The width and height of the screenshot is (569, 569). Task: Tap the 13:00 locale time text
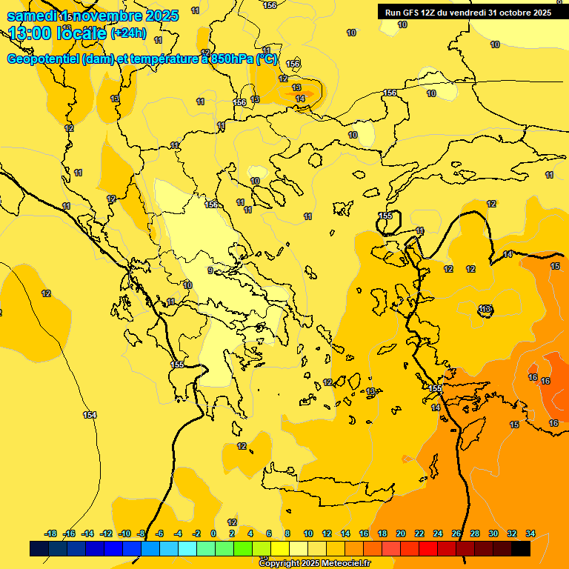(58, 33)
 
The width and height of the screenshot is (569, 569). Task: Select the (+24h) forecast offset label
(128, 33)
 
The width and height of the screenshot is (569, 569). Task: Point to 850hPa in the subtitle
(230, 59)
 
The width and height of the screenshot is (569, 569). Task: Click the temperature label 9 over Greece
(210, 270)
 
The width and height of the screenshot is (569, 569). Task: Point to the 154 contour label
(90, 415)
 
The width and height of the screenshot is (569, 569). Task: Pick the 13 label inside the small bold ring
(485, 309)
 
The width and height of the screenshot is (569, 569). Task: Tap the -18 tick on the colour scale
(50, 533)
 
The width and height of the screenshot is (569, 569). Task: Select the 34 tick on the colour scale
(530, 533)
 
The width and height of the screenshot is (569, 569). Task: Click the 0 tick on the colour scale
(213, 533)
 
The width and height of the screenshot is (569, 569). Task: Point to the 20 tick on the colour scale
(401, 533)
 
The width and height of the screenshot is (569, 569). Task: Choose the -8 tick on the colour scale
(141, 533)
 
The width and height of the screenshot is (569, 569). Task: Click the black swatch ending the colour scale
(521, 548)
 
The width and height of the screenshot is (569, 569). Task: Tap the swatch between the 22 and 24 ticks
(428, 548)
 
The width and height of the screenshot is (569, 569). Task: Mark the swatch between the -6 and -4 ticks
(168, 548)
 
